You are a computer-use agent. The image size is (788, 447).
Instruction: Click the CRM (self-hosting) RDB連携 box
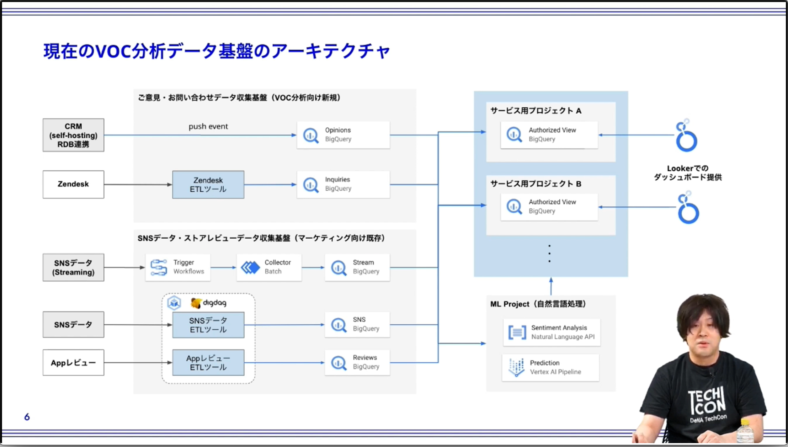coord(73,135)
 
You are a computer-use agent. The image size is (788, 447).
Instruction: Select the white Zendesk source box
coord(73,184)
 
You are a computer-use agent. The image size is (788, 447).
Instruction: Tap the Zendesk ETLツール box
coord(208,185)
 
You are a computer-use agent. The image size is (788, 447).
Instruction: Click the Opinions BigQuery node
coord(343,135)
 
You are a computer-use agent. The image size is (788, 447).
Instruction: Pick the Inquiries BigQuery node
coord(343,184)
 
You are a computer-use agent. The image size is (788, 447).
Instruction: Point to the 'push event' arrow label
coord(208,126)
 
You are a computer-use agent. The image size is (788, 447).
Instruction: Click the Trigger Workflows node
coord(177,267)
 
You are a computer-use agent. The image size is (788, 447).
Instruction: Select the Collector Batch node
coord(269,267)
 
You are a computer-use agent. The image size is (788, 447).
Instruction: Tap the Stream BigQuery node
coord(357,267)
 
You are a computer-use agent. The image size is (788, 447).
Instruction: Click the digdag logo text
coord(214,303)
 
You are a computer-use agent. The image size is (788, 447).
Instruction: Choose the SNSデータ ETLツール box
coord(208,325)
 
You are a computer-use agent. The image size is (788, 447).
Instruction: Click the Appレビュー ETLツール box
coord(208,363)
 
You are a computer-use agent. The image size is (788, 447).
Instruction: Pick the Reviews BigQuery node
coord(357,362)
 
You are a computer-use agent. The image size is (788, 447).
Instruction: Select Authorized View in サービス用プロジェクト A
coord(549,135)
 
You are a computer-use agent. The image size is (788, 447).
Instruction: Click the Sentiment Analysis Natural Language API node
coord(552,332)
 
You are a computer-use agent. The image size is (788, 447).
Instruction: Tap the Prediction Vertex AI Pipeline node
coord(550,367)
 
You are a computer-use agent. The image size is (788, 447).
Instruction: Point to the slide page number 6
coord(27,417)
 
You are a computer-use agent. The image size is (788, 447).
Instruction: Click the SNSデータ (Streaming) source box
coord(73,267)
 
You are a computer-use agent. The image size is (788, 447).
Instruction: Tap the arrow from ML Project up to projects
coord(551,286)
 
